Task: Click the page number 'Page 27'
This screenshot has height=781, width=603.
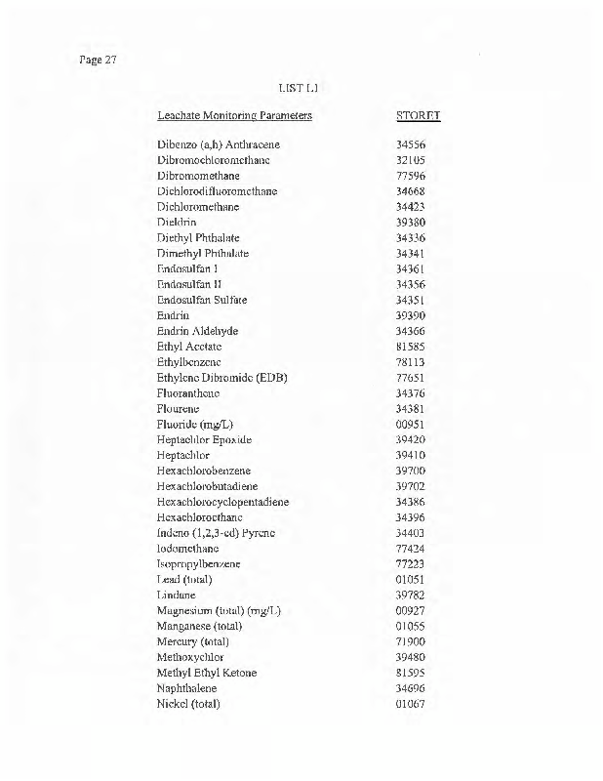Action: click(x=97, y=61)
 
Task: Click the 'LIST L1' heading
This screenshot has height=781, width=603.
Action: click(x=298, y=89)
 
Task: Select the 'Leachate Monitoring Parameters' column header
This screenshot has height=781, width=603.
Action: click(x=234, y=116)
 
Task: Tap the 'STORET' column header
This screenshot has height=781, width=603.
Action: click(x=418, y=116)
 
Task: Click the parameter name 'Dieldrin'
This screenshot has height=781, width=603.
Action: click(x=177, y=223)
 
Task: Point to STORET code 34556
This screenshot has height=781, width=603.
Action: click(x=411, y=144)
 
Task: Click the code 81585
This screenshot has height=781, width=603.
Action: click(x=411, y=347)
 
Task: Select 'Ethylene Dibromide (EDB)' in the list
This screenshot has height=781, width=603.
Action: click(x=221, y=378)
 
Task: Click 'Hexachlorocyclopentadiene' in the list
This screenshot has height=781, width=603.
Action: click(x=222, y=502)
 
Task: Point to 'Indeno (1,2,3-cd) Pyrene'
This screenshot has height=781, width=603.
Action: click(x=216, y=533)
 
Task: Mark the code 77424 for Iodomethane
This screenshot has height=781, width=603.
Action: click(x=411, y=549)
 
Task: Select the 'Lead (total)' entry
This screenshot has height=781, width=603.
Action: click(x=184, y=580)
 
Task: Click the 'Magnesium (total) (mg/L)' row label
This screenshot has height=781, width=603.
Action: click(x=219, y=611)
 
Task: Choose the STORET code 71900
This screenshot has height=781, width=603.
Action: click(x=411, y=642)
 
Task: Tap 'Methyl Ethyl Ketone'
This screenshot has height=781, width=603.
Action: click(x=207, y=673)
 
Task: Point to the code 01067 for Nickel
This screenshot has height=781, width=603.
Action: click(x=411, y=704)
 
